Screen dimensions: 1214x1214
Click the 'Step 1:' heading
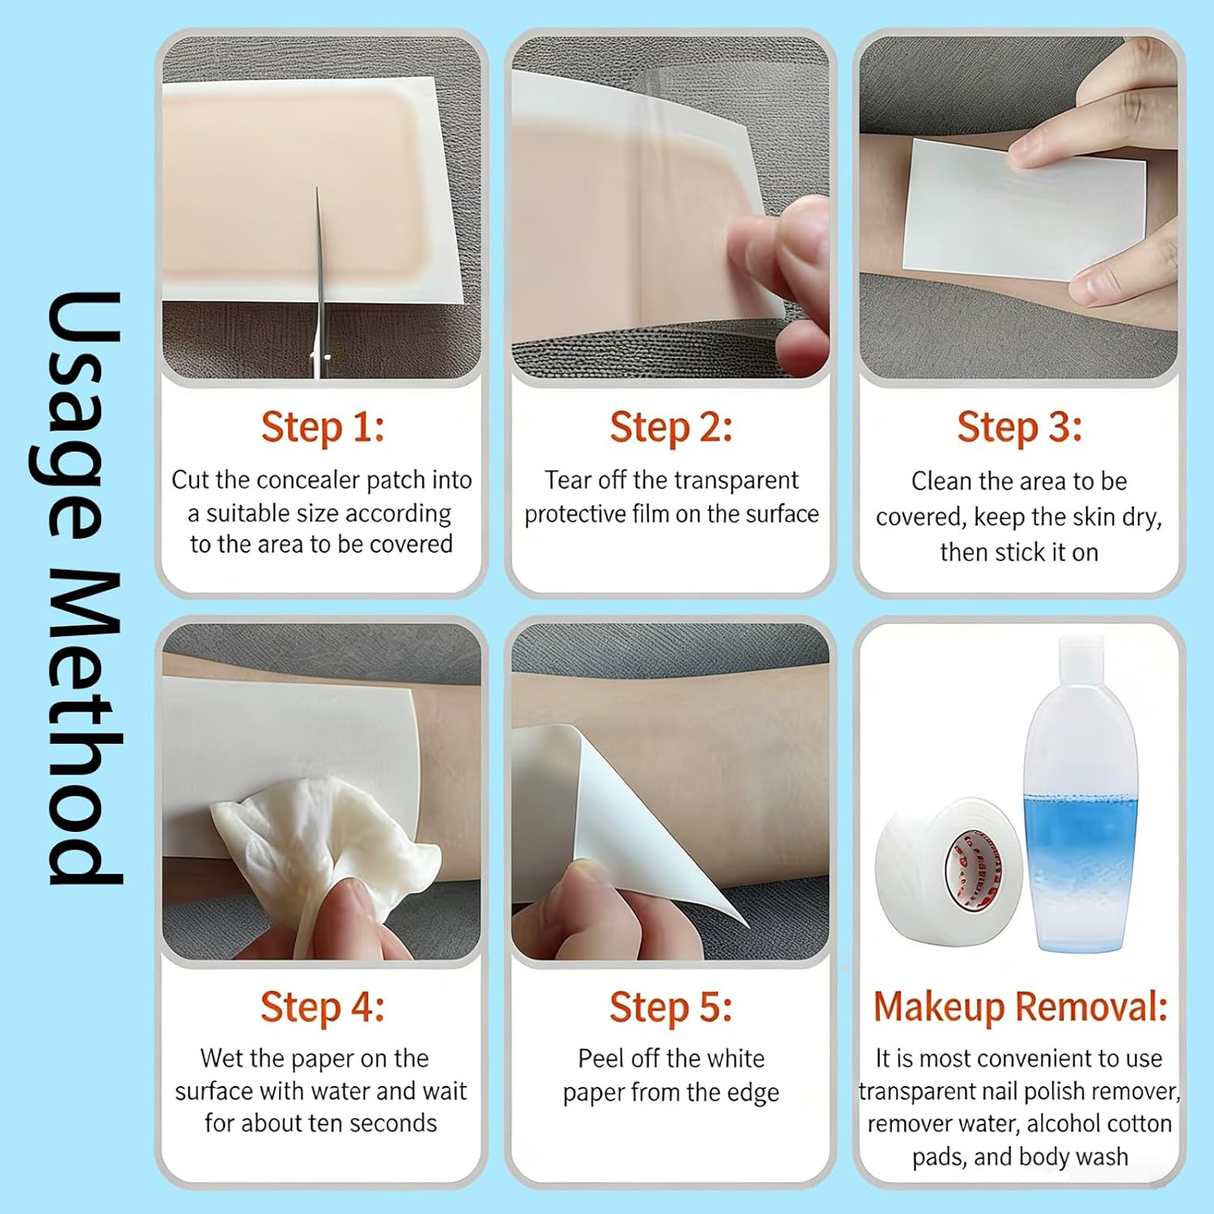tap(322, 427)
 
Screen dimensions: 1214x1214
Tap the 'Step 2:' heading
tap(671, 427)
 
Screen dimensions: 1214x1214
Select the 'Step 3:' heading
tap(1019, 427)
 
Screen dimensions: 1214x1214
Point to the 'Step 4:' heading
tap(322, 1007)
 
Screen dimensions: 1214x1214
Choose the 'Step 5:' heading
tap(671, 1007)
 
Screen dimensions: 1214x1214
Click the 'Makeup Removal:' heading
tap(1020, 1007)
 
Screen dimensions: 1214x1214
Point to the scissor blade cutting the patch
tap(320, 275)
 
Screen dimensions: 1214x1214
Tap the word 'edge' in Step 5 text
tap(752, 1093)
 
